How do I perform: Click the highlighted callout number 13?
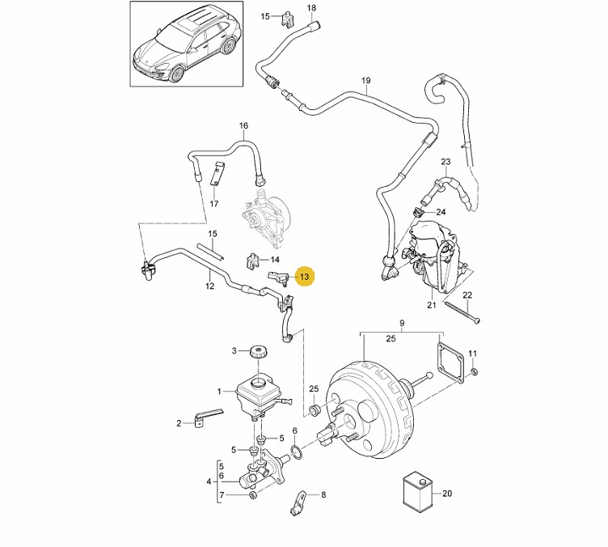(304, 277)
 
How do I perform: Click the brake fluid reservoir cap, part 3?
(259, 351)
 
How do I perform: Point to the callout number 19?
(365, 80)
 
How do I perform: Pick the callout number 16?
(243, 125)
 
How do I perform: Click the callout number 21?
(432, 305)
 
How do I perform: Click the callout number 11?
(474, 354)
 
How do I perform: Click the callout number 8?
(323, 494)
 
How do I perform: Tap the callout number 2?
(179, 422)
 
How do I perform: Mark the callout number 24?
(441, 212)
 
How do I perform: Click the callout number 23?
(445, 162)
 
